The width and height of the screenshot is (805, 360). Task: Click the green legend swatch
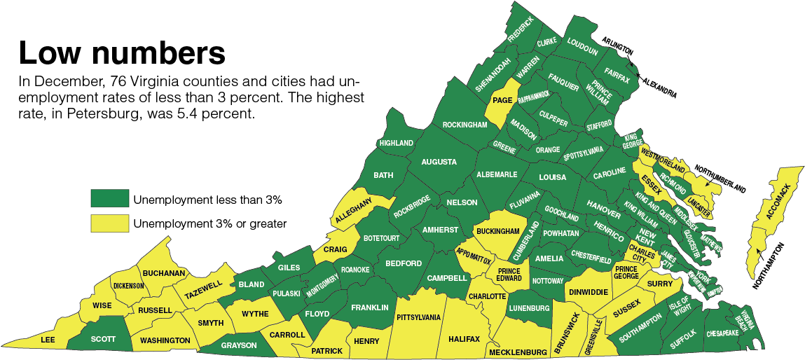point(109,199)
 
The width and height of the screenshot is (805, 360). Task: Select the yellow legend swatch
point(109,223)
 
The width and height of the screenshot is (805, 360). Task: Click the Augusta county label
point(439,162)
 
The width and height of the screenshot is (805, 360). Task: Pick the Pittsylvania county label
point(418,317)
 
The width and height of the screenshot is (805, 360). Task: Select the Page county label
point(502,101)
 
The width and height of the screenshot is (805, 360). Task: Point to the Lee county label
point(48,340)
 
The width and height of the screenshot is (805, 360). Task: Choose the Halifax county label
point(464,339)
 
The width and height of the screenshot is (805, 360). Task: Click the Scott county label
point(103,339)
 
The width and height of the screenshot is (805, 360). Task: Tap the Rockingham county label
point(464,125)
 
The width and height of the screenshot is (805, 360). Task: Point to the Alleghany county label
point(352,210)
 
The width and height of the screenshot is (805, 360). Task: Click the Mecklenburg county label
point(518,351)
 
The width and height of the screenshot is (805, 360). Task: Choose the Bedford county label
point(404,263)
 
